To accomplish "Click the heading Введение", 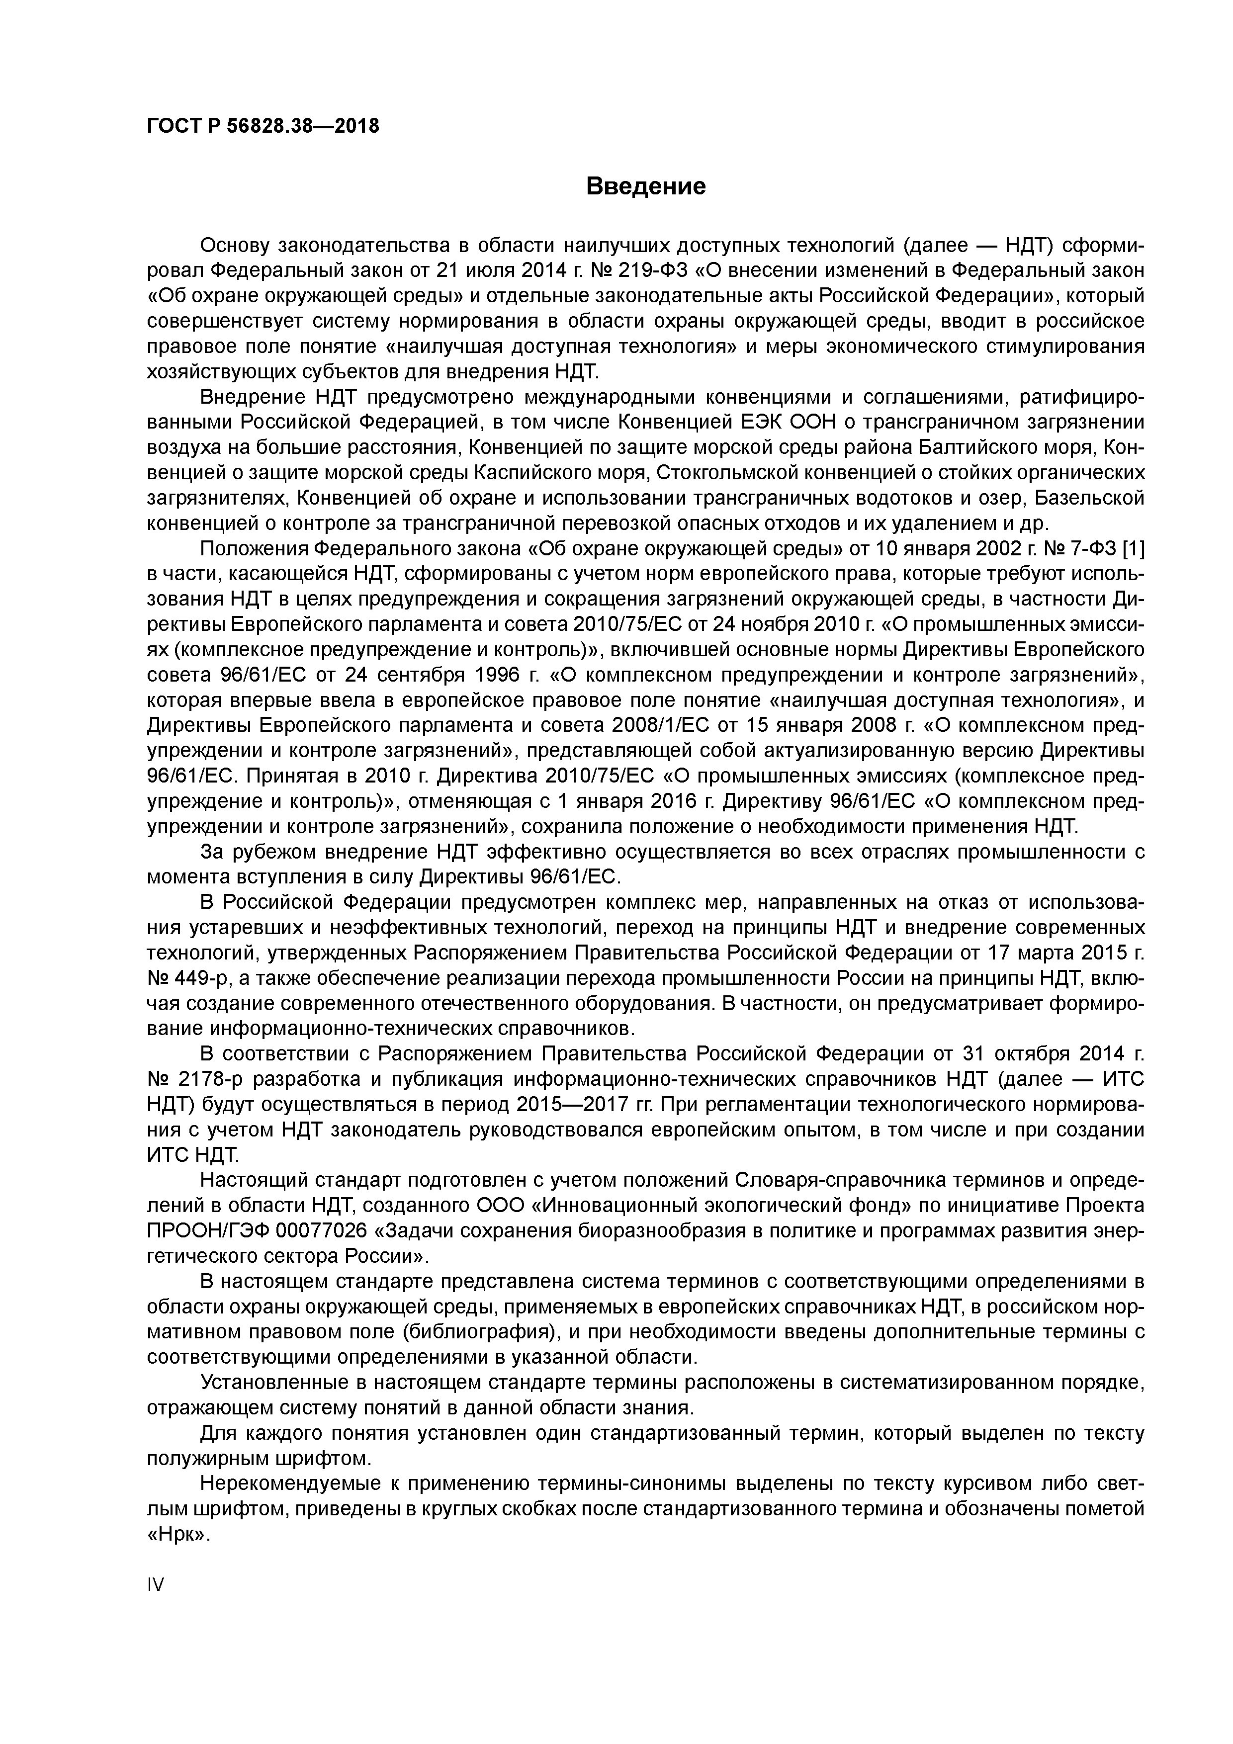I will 646,186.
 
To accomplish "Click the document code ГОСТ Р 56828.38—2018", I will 262,126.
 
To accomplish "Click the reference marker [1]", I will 1132,548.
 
